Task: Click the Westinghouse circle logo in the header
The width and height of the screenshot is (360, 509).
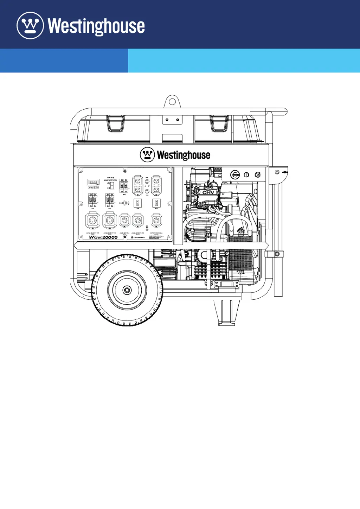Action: point(30,25)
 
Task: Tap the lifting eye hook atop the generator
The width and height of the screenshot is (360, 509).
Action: point(172,102)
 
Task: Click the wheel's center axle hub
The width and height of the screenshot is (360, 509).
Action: point(127,290)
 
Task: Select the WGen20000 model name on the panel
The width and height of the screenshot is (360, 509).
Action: point(103,237)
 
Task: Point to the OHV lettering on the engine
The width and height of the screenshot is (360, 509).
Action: point(208,192)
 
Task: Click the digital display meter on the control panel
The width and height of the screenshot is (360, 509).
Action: point(93,182)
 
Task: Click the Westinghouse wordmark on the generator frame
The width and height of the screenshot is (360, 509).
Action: point(184,155)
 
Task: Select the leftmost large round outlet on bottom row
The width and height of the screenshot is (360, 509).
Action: point(92,221)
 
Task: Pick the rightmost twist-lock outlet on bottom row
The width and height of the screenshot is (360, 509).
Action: point(156,221)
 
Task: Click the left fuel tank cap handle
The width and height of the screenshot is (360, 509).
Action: point(115,124)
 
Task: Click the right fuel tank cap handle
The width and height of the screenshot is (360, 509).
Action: point(219,124)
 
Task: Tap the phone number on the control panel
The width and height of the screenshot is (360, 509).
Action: point(138,237)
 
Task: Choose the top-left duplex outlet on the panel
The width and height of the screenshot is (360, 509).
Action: point(137,185)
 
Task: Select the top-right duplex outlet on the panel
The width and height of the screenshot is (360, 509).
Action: point(156,185)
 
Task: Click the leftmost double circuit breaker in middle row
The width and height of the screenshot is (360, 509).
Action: point(92,200)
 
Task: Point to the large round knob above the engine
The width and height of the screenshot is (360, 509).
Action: point(235,175)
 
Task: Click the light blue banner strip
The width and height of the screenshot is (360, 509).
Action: point(244,61)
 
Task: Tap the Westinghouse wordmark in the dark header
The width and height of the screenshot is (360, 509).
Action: point(96,26)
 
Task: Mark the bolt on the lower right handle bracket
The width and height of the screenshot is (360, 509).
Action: point(277,254)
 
